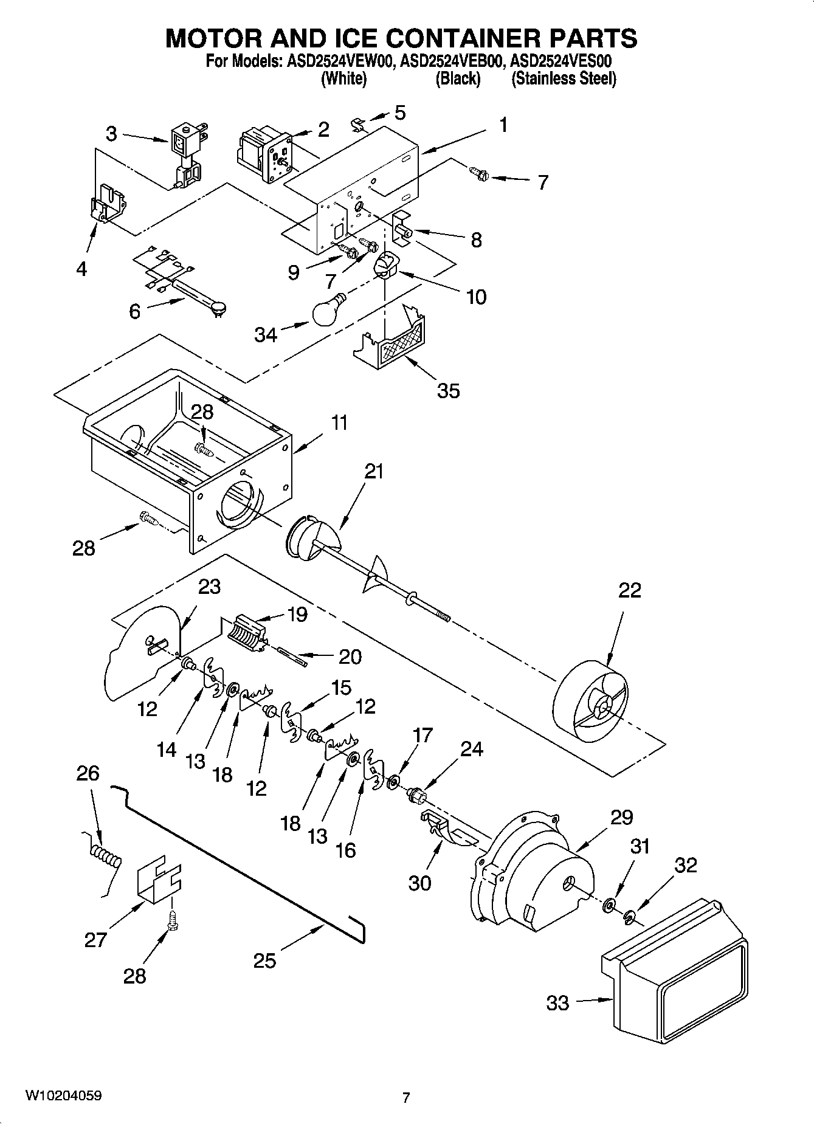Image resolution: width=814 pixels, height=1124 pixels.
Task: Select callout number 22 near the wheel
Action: click(630, 590)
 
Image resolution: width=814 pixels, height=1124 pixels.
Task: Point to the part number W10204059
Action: click(63, 1095)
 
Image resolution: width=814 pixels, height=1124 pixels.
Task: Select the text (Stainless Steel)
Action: click(564, 79)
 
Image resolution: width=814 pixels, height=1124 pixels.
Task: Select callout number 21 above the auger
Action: click(374, 471)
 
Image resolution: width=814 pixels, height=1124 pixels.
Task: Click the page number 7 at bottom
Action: click(406, 1097)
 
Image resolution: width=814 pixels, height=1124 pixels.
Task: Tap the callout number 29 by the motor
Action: click(621, 817)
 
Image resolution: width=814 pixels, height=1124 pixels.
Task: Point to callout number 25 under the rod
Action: click(264, 960)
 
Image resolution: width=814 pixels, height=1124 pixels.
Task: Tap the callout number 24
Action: click(471, 749)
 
